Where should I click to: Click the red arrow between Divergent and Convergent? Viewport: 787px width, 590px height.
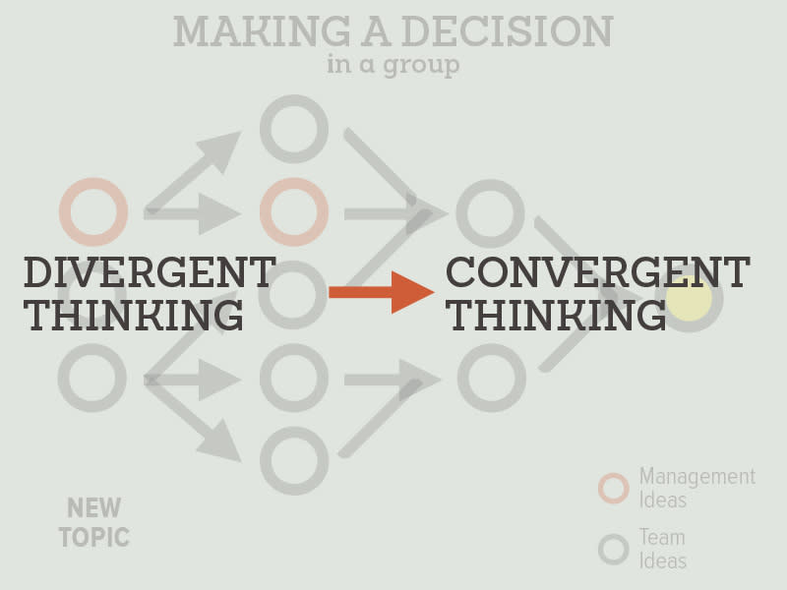[x=381, y=292]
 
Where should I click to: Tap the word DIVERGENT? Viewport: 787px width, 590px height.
[x=149, y=272]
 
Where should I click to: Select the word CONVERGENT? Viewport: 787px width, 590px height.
[x=597, y=272]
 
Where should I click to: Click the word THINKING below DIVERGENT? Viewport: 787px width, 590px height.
[x=134, y=316]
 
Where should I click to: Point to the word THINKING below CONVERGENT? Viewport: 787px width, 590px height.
[x=556, y=316]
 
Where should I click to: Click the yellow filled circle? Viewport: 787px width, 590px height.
[x=689, y=298]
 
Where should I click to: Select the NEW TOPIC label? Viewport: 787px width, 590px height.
[x=93, y=523]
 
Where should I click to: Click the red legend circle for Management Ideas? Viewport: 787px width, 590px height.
[x=614, y=488]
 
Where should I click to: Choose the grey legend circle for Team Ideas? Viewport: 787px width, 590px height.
[x=614, y=549]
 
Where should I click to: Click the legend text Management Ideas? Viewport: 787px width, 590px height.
[x=696, y=488]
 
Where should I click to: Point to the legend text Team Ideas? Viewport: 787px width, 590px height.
[x=662, y=549]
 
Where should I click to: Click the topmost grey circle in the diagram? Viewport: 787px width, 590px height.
[x=293, y=129]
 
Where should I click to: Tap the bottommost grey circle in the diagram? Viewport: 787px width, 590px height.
[x=293, y=460]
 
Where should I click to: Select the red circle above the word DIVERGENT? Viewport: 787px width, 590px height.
[x=93, y=211]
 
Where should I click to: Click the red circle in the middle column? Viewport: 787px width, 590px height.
[x=293, y=211]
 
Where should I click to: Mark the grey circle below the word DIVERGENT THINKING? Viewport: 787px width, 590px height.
[x=92, y=378]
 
